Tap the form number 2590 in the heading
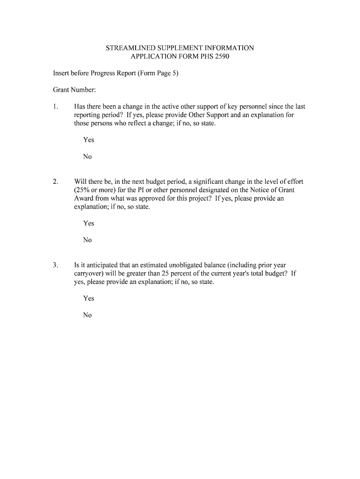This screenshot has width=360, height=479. tap(222, 57)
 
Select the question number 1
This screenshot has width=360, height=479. tap(55, 107)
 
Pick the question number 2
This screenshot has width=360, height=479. tap(55, 181)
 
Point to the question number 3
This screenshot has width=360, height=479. tap(55, 265)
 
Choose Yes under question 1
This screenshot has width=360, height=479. tap(88, 140)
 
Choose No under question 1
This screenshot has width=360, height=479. tap(87, 157)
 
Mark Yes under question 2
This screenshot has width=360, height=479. tap(88, 223)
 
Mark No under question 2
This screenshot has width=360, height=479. tap(87, 240)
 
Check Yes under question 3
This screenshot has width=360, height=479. tap(88, 298)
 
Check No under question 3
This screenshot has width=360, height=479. tap(87, 315)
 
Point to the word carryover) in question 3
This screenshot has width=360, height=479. tap(89, 273)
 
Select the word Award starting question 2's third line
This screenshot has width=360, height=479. tap(84, 198)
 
